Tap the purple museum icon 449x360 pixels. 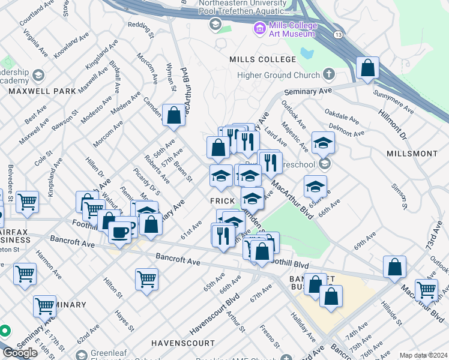(259, 28)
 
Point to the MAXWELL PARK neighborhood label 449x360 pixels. (42, 91)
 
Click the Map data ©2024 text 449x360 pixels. (423, 355)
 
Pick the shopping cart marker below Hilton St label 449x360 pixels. (146, 279)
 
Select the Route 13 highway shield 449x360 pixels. (339, 35)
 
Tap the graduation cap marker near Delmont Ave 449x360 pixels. (323, 143)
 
